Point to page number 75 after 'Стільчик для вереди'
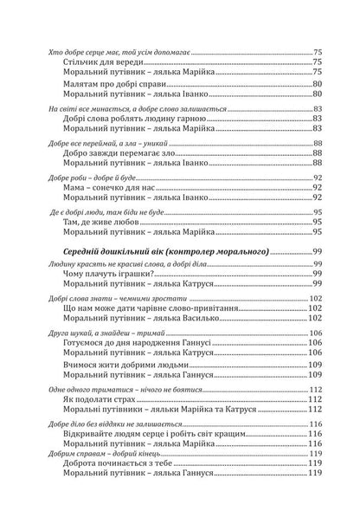point(317,62)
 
